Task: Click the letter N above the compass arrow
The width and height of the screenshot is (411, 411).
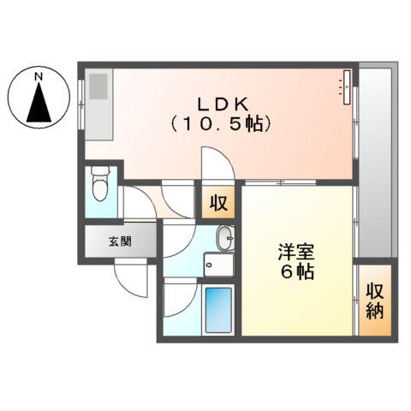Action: (x=39, y=77)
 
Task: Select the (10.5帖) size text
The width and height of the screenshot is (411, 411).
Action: (x=220, y=125)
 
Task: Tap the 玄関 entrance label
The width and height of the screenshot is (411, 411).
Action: (x=121, y=241)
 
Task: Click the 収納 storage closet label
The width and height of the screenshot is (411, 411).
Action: (x=373, y=301)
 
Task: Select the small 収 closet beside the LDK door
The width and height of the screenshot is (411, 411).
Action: (x=218, y=204)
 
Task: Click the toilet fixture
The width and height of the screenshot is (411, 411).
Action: (x=99, y=185)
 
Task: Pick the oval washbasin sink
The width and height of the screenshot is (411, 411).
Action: (x=224, y=238)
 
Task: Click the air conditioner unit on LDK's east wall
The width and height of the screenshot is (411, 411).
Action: (x=347, y=86)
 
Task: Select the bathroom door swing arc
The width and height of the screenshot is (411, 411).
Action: (x=176, y=295)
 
